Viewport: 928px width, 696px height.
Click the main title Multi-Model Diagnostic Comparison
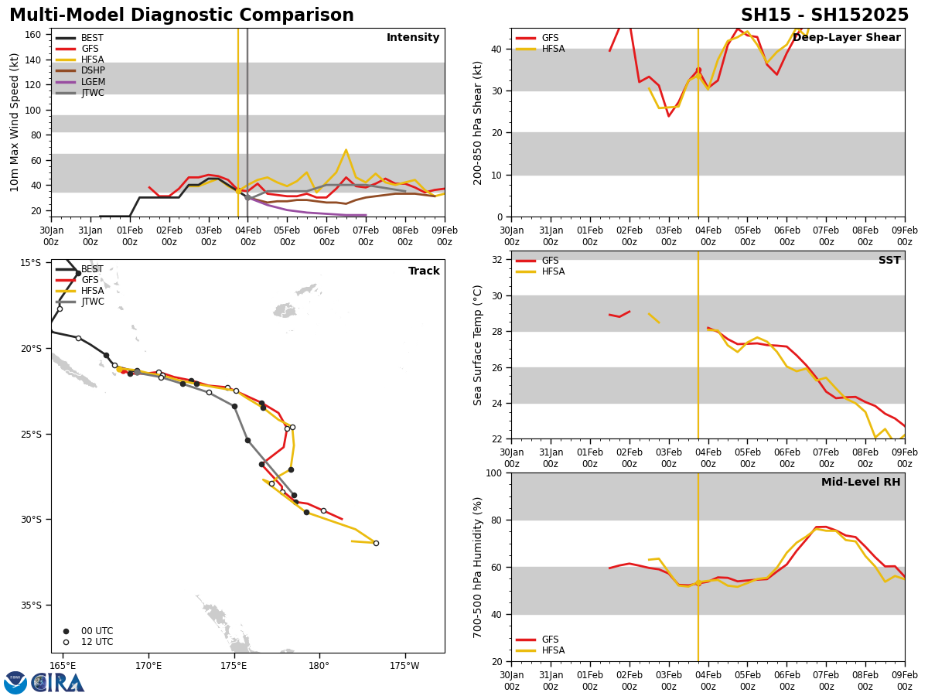182,15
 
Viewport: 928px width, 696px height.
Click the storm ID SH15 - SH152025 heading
824,15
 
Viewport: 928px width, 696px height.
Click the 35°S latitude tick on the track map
31,606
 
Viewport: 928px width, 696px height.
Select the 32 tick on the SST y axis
498,260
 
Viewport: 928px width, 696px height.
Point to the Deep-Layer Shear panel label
846,38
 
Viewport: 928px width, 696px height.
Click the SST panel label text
889,261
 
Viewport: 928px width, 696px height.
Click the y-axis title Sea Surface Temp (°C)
478,345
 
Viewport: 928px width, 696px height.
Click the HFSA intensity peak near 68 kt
346,150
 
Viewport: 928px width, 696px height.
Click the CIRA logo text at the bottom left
58,683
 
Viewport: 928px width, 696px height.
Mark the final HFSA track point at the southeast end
376,543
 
